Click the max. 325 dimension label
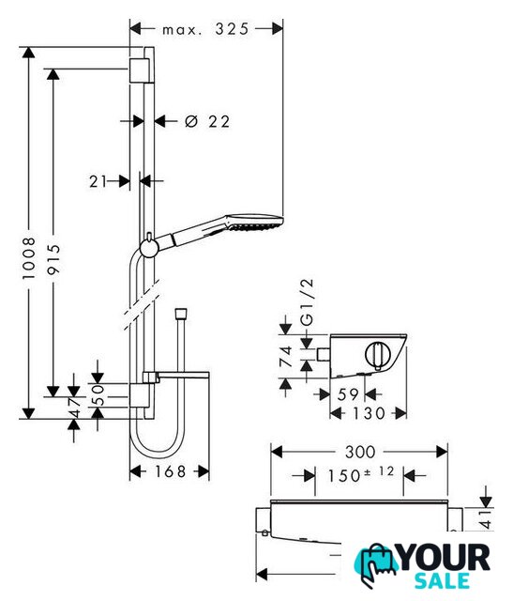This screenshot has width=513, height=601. [x=205, y=29]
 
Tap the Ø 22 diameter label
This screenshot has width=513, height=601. [x=207, y=121]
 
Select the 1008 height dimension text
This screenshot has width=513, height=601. [x=29, y=258]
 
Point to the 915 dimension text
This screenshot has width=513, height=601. [x=53, y=260]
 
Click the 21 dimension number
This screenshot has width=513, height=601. [x=98, y=181]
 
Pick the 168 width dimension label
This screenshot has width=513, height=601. [x=171, y=471]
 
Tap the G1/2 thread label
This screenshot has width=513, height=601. [x=307, y=302]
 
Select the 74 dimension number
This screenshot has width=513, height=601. [x=286, y=357]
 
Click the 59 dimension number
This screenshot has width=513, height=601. [x=348, y=394]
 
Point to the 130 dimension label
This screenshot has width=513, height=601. [x=369, y=413]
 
